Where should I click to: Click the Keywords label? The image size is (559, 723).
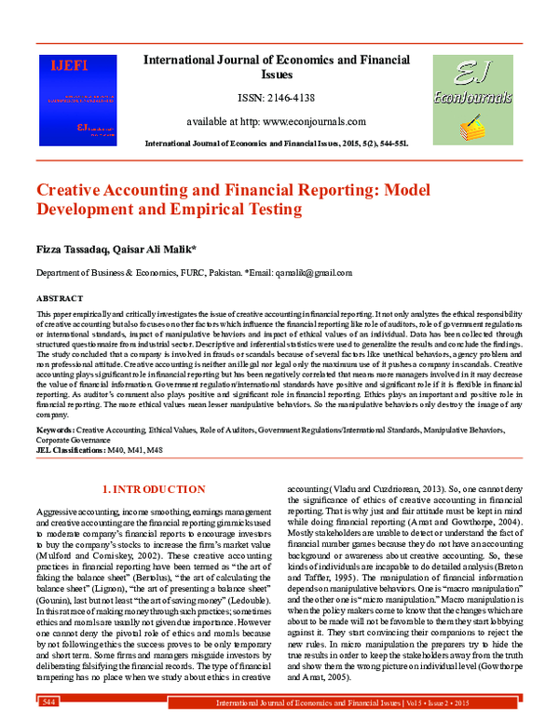pos(55,430)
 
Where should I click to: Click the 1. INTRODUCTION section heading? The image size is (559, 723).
pos(153,489)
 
